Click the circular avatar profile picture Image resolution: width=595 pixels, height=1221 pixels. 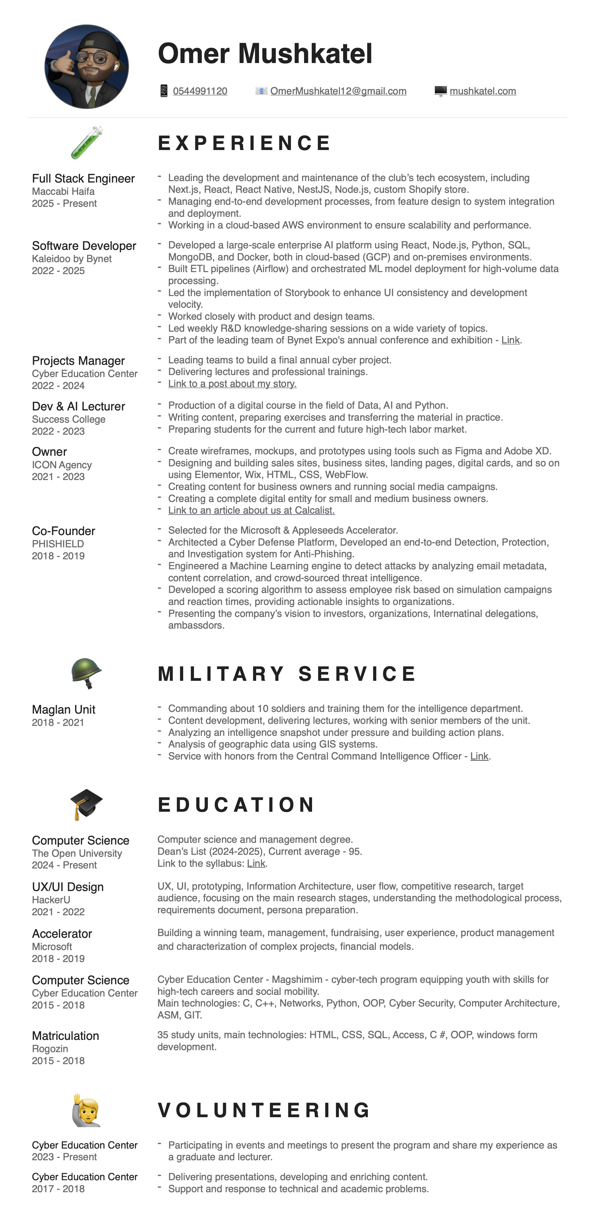(86, 67)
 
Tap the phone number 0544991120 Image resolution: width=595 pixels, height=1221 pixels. (200, 91)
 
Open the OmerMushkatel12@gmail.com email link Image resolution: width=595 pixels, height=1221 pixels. (338, 91)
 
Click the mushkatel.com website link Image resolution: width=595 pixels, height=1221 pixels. (483, 91)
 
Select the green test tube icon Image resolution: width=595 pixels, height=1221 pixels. (86, 142)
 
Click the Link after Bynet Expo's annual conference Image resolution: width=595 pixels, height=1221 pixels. (510, 340)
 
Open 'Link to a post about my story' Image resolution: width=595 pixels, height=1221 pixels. (232, 384)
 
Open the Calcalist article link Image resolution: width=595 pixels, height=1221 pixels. (251, 511)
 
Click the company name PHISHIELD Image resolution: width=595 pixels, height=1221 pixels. (58, 544)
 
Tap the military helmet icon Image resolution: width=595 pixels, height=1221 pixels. (86, 673)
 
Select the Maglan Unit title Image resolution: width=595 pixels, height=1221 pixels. (64, 710)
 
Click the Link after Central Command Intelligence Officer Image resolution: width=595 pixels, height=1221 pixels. (479, 756)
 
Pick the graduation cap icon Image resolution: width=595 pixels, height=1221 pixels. (86, 804)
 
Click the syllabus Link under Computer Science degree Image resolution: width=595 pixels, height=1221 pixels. (256, 864)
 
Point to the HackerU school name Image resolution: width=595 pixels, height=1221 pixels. (51, 900)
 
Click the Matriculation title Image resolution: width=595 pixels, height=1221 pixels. (65, 1036)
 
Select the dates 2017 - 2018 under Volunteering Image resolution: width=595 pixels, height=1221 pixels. (58, 1189)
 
